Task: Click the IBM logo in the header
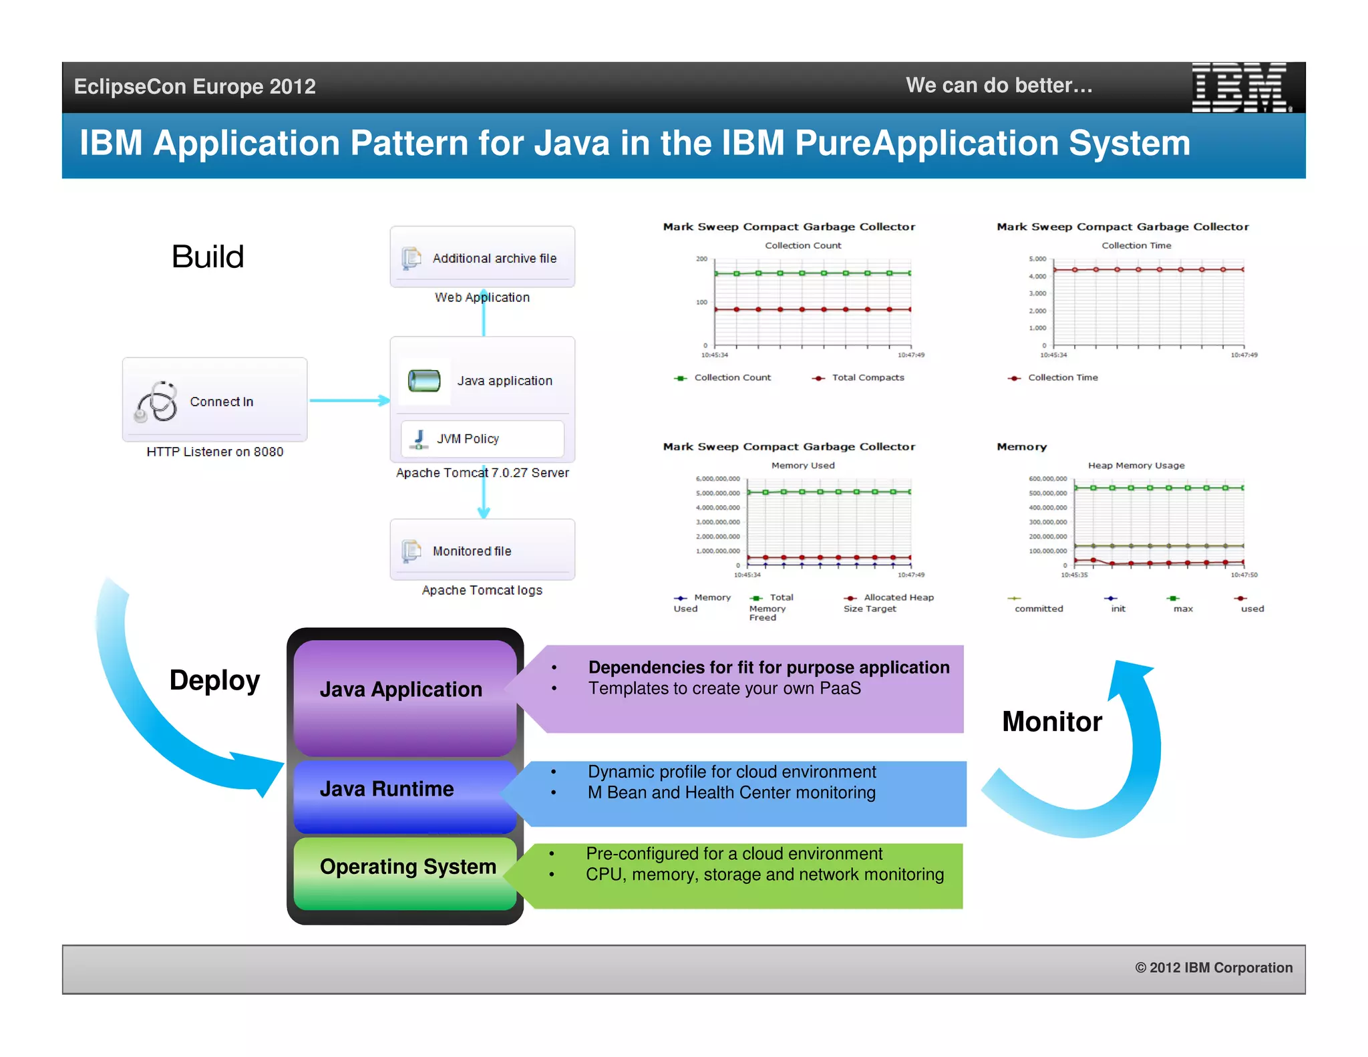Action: pyautogui.click(x=1240, y=87)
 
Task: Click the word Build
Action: pyautogui.click(x=208, y=257)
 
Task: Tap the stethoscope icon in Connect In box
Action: pyautogui.click(x=156, y=402)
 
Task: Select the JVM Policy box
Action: pyautogui.click(x=482, y=439)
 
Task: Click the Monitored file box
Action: pyautogui.click(x=482, y=550)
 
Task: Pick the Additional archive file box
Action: pyautogui.click(x=482, y=258)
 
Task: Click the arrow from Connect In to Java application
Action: pyautogui.click(x=349, y=401)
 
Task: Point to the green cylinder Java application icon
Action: pyautogui.click(x=424, y=381)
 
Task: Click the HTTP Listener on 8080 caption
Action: pyautogui.click(x=214, y=452)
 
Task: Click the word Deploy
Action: pyautogui.click(x=214, y=680)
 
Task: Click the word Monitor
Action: pyautogui.click(x=1051, y=722)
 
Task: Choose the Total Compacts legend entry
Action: pyautogui.click(x=866, y=377)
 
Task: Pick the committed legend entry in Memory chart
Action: pyautogui.click(x=1038, y=609)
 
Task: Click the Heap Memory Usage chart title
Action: pyautogui.click(x=1136, y=466)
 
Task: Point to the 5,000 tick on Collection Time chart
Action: pyautogui.click(x=1037, y=259)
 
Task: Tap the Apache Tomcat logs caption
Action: pyautogui.click(x=482, y=590)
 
